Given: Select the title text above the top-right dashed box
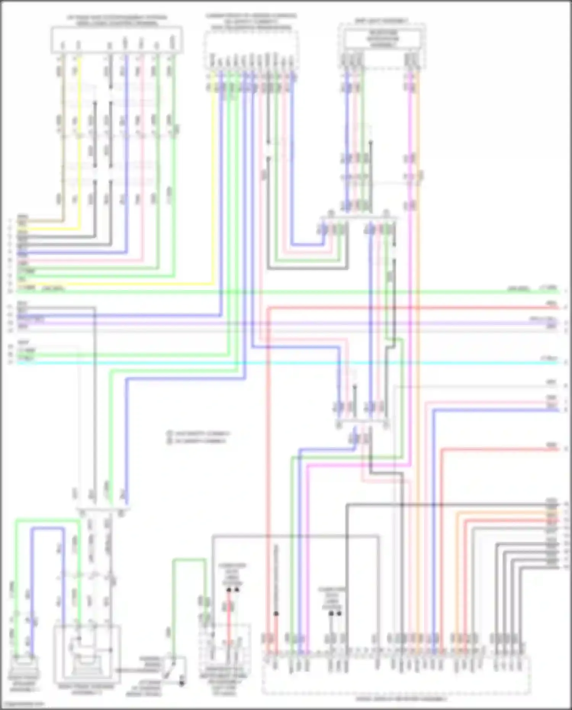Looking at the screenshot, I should pos(381,21).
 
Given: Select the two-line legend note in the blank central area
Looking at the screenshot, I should pos(198,437).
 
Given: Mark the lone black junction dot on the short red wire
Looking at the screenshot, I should pos(276,614).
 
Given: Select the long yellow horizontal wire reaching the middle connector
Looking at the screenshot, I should pos(114,284).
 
